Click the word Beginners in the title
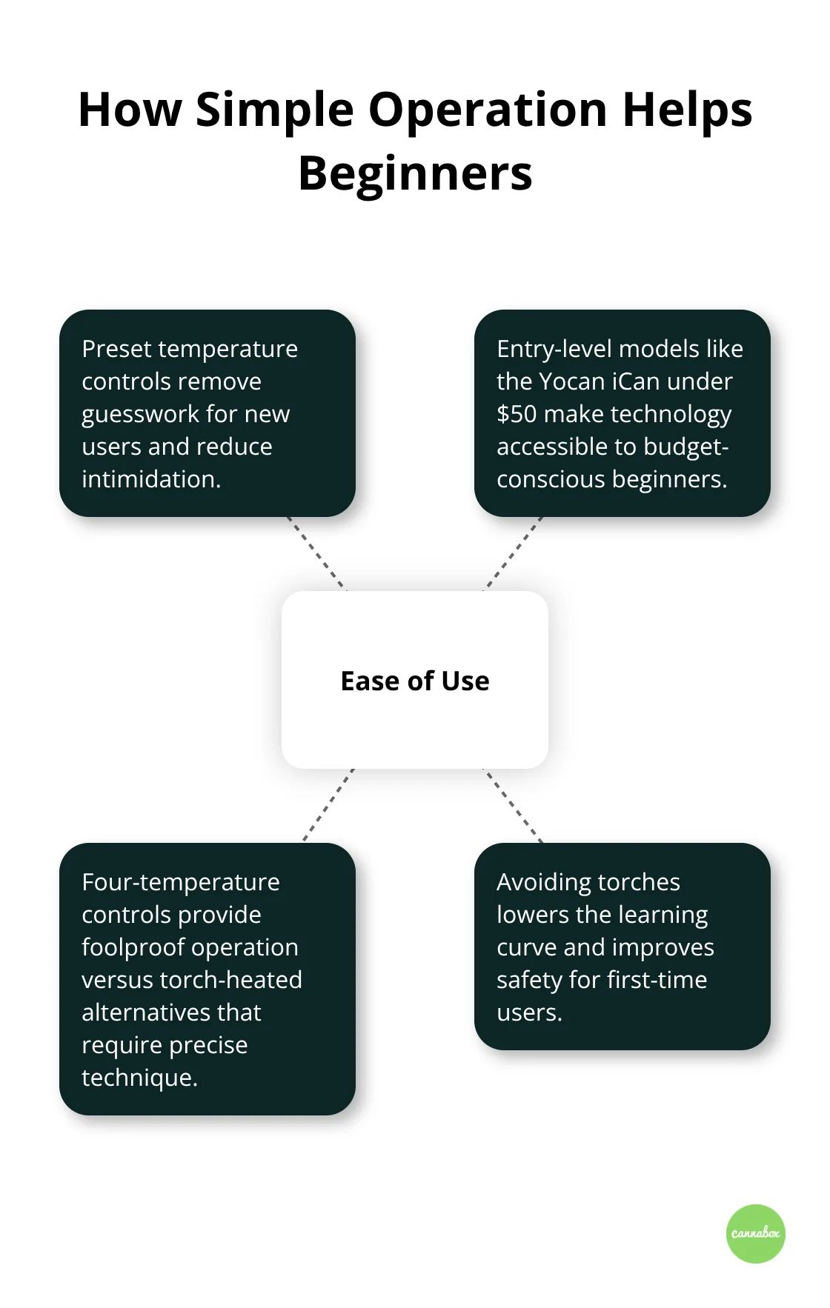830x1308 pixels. [415, 175]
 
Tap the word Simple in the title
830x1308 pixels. [275, 110]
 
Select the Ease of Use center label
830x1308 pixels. [415, 681]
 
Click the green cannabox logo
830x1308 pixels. [755, 1233]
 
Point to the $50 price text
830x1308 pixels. [517, 414]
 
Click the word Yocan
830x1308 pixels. [571, 381]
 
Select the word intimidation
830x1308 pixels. [151, 479]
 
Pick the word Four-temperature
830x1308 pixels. [181, 882]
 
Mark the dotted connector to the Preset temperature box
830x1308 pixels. [316, 553]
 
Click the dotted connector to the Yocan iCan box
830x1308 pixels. [514, 553]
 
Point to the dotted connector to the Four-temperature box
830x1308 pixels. [328, 805]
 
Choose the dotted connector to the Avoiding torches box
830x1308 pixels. [514, 805]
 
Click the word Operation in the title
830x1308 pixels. [488, 110]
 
